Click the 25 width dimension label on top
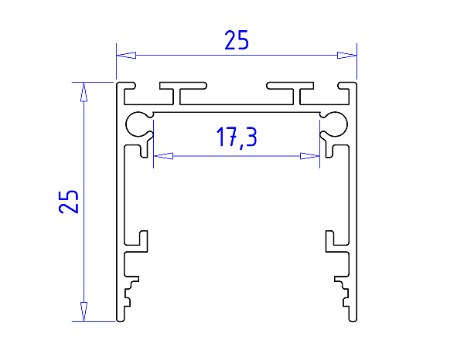[x=237, y=40]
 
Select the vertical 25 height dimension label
[x=69, y=202]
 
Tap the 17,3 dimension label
[x=237, y=137]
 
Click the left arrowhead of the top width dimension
[x=126, y=56]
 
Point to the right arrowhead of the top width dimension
[x=346, y=56]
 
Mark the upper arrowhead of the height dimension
[x=84, y=92]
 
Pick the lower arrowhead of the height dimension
[x=84, y=312]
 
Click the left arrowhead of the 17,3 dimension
[x=163, y=156]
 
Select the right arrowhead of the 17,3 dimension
[x=310, y=156]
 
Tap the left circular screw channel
[x=128, y=124]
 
